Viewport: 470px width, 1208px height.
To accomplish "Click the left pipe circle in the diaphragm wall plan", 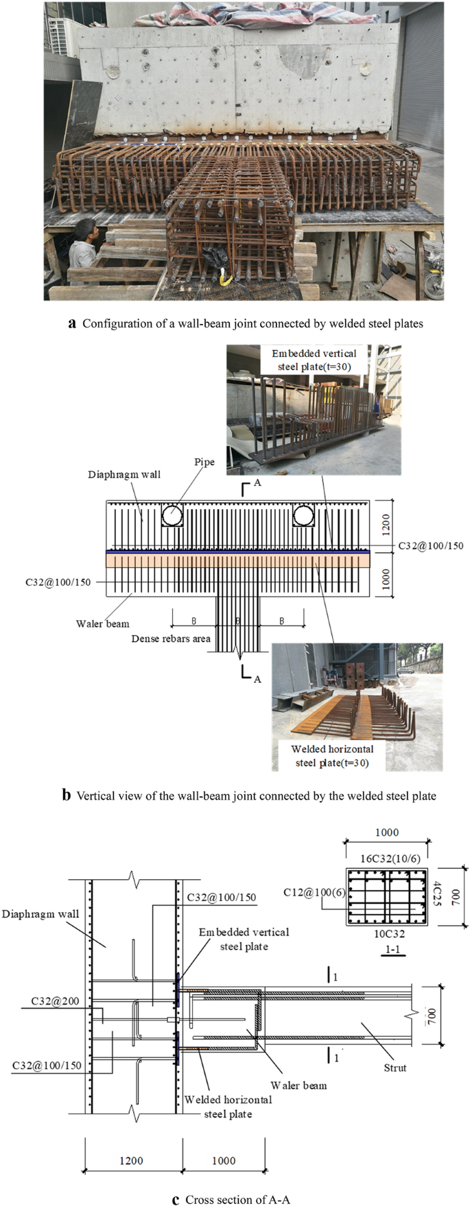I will point(172,515).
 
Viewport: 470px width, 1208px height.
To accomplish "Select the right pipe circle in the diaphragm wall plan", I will point(303,515).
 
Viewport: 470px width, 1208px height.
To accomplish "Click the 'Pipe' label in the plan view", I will point(204,462).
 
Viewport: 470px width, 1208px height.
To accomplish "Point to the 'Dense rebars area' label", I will point(171,639).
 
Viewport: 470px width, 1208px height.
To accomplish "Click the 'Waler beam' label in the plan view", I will point(102,624).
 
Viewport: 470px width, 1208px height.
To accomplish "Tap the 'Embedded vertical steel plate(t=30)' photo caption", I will point(314,360).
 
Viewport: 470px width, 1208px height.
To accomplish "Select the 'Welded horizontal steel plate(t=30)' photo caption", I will point(332,756).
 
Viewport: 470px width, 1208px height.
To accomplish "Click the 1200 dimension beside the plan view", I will point(386,525).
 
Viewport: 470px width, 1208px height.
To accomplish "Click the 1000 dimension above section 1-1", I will point(386,832).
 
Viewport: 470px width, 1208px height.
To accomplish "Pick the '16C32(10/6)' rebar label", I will point(390,857).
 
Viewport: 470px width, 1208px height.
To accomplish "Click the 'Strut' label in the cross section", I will point(395,1067).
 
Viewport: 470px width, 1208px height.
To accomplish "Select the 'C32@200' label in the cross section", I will point(55,1001).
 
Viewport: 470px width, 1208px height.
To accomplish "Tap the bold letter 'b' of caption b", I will point(67,796).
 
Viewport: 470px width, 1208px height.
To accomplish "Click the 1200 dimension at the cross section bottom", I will point(131,1160).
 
